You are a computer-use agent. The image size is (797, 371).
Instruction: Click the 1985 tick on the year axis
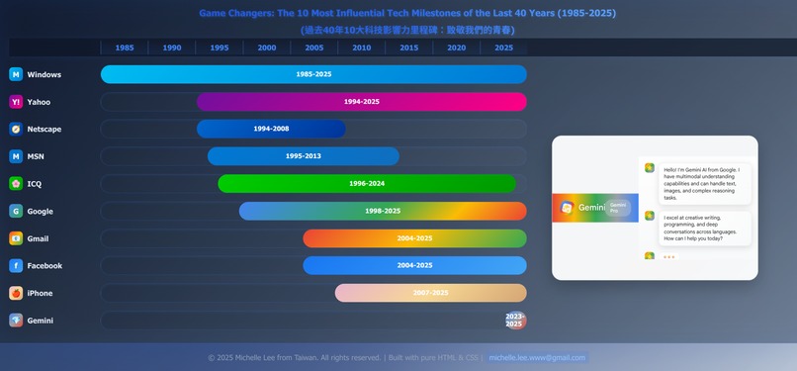pos(125,47)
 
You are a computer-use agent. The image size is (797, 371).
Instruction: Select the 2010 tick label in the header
pos(362,47)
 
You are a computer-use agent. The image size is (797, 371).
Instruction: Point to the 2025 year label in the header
pos(503,47)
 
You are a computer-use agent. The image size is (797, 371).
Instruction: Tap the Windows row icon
pos(16,74)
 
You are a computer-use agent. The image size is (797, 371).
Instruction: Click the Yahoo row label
pos(39,102)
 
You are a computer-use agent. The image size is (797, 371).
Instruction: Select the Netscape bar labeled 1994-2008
pos(271,129)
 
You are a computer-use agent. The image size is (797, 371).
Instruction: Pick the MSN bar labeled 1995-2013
pos(303,156)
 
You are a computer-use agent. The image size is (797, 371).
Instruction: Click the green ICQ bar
pos(367,184)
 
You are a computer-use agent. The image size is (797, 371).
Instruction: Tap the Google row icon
pos(16,211)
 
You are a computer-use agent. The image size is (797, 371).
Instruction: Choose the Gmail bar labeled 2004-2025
pos(414,238)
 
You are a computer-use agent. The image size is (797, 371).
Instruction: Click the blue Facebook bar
pos(414,265)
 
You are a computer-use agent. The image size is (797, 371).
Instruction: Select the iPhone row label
pos(40,293)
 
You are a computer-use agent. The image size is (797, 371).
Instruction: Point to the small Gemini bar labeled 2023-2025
pos(514,321)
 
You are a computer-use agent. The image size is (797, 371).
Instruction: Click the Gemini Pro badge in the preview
pos(619,208)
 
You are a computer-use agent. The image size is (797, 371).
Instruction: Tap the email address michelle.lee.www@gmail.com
pos(537,358)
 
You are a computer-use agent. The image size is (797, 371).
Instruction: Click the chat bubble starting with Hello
pos(703,183)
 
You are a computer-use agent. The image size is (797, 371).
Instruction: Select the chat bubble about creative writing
pos(703,229)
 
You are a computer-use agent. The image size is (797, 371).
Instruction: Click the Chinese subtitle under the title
pos(407,30)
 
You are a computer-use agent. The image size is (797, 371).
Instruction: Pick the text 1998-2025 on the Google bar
pos(383,211)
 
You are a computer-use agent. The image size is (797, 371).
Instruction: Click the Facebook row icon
pos(16,265)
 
